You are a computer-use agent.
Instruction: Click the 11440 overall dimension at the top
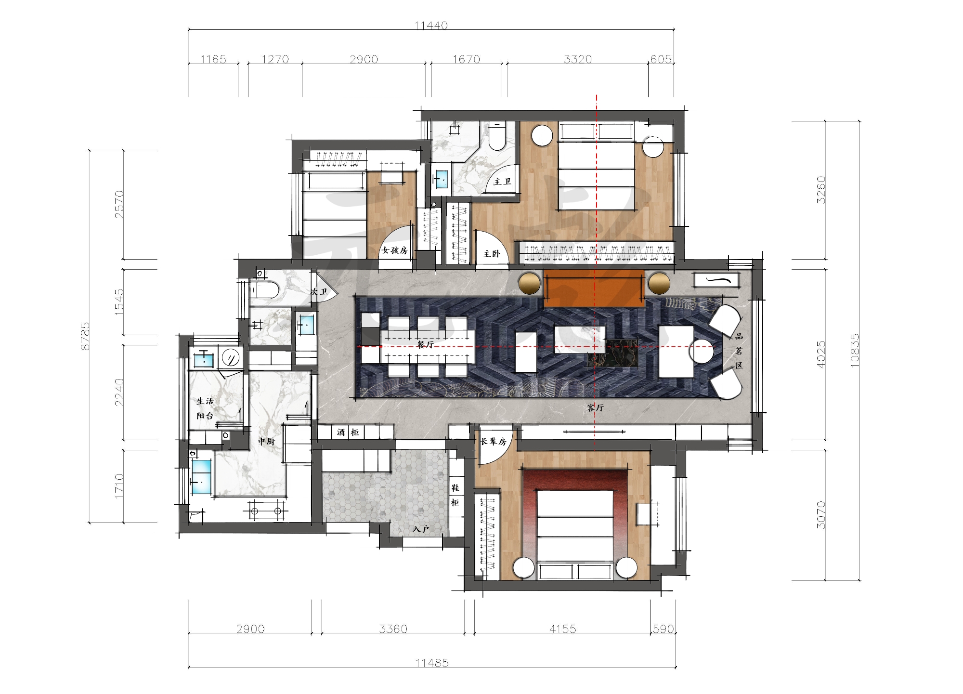tap(431, 25)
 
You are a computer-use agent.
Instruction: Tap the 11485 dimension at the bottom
tap(432, 663)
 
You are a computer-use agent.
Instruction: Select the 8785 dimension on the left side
tap(85, 336)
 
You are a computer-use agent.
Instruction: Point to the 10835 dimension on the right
tap(855, 351)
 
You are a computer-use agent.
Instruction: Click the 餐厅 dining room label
tap(426, 345)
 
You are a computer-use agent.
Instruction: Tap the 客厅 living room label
tap(595, 408)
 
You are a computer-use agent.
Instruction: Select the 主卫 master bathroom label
tap(502, 182)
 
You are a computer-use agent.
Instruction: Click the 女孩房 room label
tap(395, 250)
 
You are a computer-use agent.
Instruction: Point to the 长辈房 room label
tap(494, 442)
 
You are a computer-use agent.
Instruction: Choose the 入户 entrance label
tap(421, 529)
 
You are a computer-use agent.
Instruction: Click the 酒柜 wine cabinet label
tap(348, 432)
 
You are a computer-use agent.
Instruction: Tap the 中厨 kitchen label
tap(266, 441)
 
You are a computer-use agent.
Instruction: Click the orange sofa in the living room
tap(594, 288)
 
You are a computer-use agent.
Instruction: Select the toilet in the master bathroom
tap(497, 135)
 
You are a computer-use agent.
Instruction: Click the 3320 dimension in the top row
tap(578, 59)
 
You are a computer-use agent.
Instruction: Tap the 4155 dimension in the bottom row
tap(563, 629)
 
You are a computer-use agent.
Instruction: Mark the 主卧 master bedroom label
tap(492, 254)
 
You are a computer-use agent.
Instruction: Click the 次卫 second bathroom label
tap(319, 292)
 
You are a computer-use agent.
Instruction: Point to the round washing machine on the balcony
tap(231, 358)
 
